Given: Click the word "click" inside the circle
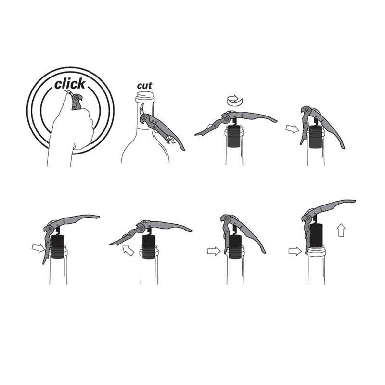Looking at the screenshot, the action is pos(70,84).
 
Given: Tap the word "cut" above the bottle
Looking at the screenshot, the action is pos(144,86).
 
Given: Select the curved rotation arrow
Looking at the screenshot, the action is pos(235,100).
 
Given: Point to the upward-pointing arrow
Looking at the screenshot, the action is pos(342,231).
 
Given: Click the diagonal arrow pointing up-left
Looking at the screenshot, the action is pos(128,250).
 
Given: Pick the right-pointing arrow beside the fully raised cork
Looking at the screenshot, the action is pos(295,251).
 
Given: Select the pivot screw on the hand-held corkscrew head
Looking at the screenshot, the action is pos(77,98).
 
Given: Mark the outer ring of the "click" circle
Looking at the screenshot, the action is pos(70,67).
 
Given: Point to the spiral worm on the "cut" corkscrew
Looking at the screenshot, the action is pos(171,140).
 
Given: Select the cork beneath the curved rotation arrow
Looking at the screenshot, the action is pos(234,136).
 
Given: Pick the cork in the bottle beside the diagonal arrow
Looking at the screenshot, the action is pos(149,247).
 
